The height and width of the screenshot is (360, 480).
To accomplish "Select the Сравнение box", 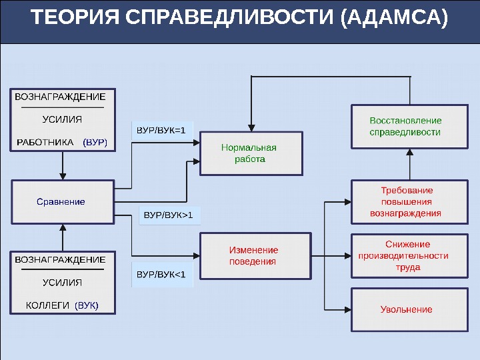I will tap(61, 201).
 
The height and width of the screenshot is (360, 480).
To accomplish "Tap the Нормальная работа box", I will tap(251, 153).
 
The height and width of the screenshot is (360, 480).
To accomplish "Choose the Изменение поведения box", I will tap(255, 255).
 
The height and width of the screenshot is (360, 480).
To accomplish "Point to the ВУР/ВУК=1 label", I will tap(161, 130).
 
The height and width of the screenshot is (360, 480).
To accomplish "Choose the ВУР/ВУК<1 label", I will tap(161, 274).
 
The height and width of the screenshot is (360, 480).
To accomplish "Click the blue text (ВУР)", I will tap(95, 142).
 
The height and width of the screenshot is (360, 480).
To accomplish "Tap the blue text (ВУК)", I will tap(87, 305).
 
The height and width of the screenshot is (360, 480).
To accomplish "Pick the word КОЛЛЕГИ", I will tap(47, 305).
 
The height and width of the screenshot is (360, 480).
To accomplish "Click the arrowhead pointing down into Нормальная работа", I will tap(251, 127).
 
